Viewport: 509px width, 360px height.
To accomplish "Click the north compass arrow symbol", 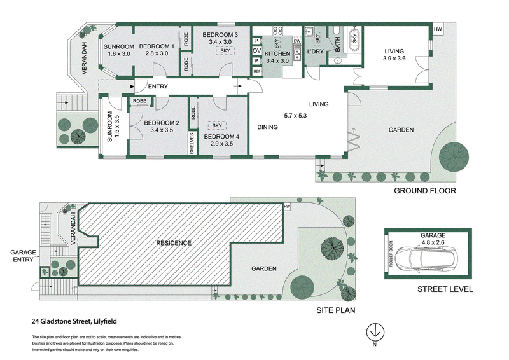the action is click(375, 332).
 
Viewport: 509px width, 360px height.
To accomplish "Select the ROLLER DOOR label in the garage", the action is click(391, 254).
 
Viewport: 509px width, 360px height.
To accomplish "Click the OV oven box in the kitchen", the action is click(257, 51).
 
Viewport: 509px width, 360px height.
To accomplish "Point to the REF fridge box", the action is click(257, 71).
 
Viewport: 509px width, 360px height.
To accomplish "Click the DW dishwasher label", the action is click(297, 41).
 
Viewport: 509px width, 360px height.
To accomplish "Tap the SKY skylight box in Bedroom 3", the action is click(225, 51).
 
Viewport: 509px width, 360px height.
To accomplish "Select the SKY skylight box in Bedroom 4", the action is click(217, 125).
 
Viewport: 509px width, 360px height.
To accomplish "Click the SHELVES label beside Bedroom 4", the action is click(192, 143).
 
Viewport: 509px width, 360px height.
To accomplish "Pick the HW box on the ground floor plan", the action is click(438, 29).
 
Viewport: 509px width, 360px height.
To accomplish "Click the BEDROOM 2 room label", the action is click(162, 123).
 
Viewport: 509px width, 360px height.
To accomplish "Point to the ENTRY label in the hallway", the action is click(158, 87).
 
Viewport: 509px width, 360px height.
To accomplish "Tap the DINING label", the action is click(267, 127).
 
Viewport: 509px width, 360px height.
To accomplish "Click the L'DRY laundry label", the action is click(315, 52).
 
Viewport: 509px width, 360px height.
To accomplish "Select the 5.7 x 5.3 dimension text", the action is click(295, 116).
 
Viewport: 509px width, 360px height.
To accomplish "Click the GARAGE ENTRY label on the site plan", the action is click(23, 256).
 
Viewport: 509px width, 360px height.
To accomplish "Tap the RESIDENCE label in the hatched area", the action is click(174, 243).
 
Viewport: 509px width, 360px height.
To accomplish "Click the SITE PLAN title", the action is click(336, 310).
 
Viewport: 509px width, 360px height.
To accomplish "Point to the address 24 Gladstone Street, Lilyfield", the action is click(74, 321).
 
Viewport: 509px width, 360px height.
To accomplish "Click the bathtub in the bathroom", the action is click(354, 38).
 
